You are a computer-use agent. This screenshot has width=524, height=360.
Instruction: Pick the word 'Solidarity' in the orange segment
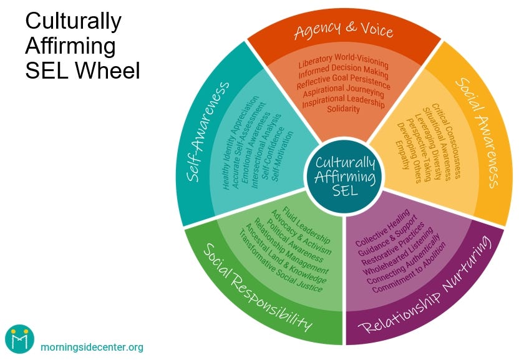(344, 109)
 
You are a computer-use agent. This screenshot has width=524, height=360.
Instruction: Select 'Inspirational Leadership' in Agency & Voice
(344, 100)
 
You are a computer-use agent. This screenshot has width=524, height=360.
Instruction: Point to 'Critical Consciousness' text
(445, 141)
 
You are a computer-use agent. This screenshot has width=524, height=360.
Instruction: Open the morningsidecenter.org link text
(91, 347)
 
